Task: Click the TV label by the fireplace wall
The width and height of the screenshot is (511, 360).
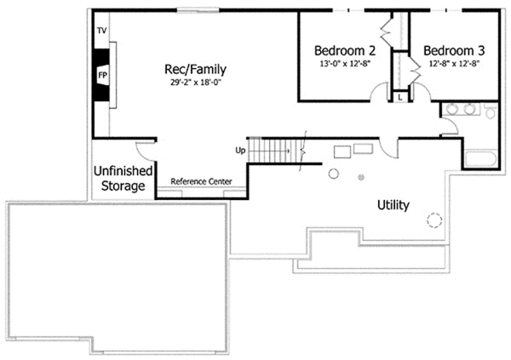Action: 101,31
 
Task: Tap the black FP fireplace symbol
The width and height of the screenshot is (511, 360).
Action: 101,74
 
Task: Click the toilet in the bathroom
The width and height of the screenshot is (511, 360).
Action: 489,111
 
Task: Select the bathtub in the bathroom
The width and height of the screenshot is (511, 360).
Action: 479,160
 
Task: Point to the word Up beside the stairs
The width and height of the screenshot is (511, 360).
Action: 240,151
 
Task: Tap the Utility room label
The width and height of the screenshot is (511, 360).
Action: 393,205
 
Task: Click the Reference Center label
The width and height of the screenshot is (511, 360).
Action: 200,181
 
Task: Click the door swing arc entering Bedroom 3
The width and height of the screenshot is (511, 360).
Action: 416,68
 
